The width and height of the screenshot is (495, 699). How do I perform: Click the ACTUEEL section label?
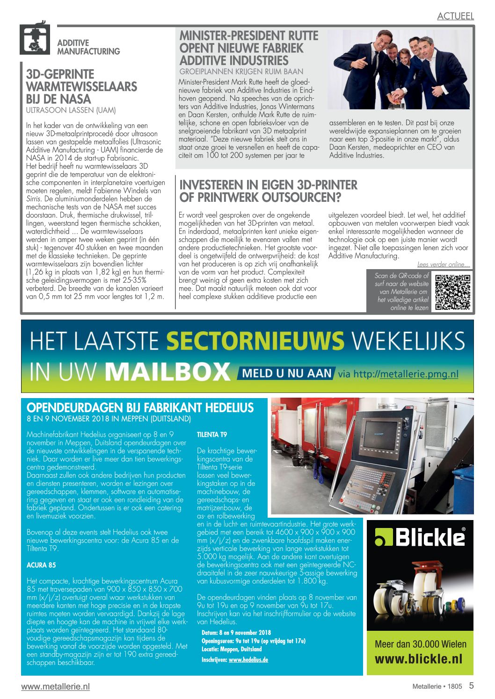pos(455,16)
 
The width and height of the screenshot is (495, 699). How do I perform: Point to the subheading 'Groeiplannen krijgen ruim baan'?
pos(241,71)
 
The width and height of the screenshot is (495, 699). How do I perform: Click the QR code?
pos(452,292)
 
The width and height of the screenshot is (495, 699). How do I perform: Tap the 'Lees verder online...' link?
pos(443,264)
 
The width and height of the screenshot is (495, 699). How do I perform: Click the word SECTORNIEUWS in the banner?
pos(255,341)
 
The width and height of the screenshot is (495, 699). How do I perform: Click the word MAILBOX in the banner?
pos(167,372)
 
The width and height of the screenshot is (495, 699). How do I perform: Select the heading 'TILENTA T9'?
pos(211,435)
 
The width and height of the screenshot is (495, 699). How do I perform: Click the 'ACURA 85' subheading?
pos(41,565)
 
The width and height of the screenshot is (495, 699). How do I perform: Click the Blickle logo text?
pos(429,537)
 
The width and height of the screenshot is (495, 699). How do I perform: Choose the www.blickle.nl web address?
pos(418,659)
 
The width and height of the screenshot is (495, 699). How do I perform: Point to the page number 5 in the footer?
pos(471,686)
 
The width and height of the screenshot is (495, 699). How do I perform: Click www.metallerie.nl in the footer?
pos(55,686)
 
